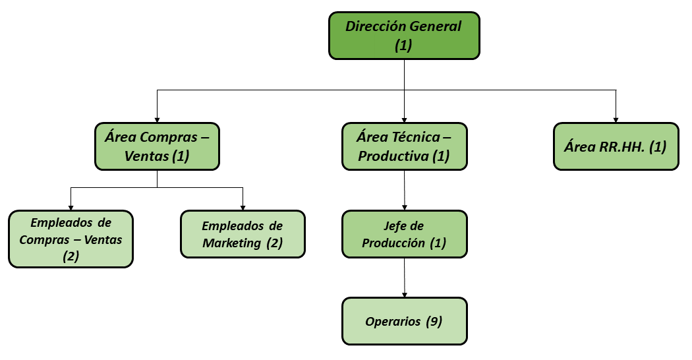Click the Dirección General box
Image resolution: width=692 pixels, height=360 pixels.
click(x=404, y=36)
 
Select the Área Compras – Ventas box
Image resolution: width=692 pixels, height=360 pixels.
click(x=157, y=146)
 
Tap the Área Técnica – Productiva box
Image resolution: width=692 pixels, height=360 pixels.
click(x=404, y=146)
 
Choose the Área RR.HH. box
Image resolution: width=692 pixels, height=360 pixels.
click(x=616, y=146)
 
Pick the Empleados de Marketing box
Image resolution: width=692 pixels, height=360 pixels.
click(x=243, y=234)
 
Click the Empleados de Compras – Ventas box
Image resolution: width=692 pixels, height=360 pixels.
click(x=71, y=239)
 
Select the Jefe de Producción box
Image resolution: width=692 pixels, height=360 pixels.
click(x=404, y=234)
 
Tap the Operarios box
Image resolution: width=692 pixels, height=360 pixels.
click(x=404, y=321)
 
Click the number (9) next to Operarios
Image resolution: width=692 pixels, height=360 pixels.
click(x=434, y=321)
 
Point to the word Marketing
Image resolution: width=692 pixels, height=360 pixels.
click(x=232, y=243)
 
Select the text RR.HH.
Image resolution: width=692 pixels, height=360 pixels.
click(x=622, y=146)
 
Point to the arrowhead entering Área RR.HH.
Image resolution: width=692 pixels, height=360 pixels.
click(x=616, y=120)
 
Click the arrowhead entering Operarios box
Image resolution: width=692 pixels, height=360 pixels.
click(x=404, y=295)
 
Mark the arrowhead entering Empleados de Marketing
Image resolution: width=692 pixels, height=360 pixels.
click(x=243, y=208)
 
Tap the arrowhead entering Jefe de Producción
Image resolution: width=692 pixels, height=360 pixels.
click(x=404, y=208)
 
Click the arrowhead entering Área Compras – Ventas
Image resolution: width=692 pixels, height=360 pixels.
click(x=157, y=120)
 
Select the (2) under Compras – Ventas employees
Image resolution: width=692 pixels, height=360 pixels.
click(x=71, y=256)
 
